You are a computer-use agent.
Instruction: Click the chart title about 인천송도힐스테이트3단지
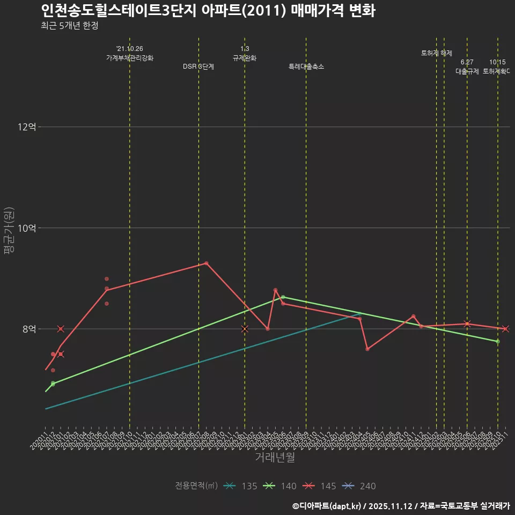(208, 11)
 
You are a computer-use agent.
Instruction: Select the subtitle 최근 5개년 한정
(69, 26)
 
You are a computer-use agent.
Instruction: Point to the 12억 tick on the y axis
(27, 127)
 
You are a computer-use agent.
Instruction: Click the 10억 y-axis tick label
(27, 228)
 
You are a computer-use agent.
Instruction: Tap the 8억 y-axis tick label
(29, 329)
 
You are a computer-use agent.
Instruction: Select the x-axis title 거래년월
(275, 458)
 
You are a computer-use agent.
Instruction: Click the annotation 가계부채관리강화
(130, 58)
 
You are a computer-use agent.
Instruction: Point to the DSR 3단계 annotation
(198, 67)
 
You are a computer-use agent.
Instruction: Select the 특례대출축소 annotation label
(306, 67)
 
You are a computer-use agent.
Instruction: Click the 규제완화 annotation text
(245, 58)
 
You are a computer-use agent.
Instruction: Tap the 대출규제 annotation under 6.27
(467, 71)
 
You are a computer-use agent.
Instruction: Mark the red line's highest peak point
(207, 263)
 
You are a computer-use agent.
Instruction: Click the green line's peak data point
(283, 297)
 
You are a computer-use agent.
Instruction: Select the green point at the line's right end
(498, 342)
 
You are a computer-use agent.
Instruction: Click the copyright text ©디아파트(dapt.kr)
(327, 506)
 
